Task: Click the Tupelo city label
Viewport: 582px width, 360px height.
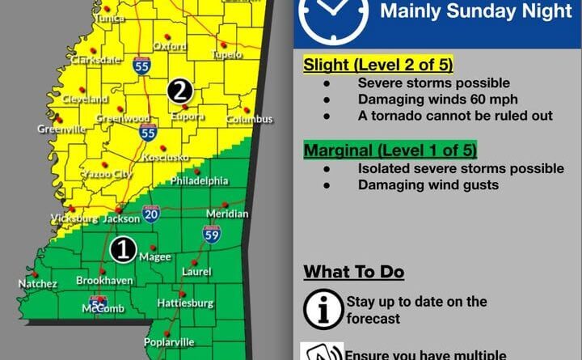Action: click(x=228, y=55)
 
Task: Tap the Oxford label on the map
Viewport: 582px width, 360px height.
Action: click(x=169, y=47)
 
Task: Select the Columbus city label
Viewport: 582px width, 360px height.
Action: click(x=250, y=120)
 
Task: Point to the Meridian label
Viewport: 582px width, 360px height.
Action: click(x=227, y=214)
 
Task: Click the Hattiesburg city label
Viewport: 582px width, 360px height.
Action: click(x=185, y=303)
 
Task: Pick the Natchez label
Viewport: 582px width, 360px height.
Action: click(x=38, y=284)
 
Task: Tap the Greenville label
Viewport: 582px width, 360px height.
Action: click(x=61, y=129)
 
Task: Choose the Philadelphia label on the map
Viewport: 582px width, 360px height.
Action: click(x=199, y=180)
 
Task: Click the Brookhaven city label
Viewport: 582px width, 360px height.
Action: click(x=99, y=281)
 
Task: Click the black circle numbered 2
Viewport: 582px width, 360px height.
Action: click(x=179, y=91)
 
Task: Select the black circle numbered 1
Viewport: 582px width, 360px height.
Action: click(x=123, y=249)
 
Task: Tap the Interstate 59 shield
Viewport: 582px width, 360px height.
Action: click(x=212, y=235)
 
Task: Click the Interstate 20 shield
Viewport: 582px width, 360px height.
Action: click(x=151, y=213)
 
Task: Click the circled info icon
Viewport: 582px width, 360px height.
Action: click(x=321, y=308)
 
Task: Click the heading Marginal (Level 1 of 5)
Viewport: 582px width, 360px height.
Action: click(x=390, y=150)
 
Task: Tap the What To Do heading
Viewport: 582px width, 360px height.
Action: click(x=353, y=272)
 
